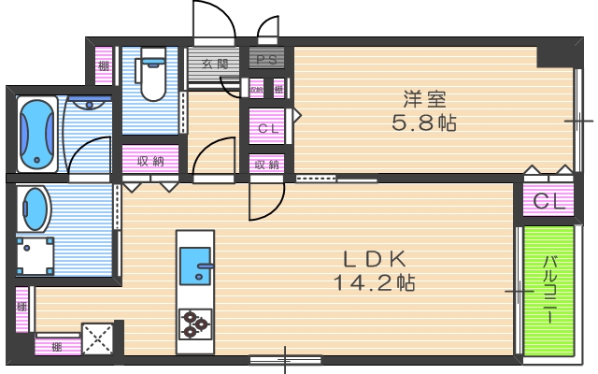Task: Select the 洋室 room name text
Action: point(424,98)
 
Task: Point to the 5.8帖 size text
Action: point(424,122)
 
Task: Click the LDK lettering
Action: point(373,258)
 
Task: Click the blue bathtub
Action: point(36,133)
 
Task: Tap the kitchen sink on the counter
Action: point(196,263)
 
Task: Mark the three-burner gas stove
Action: point(194,323)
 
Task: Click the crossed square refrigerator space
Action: point(97,337)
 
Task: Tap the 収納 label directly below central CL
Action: point(267,165)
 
